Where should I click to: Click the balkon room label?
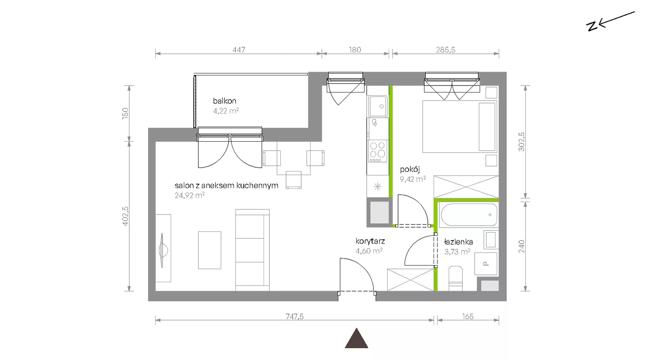225,101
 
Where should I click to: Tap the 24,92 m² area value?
189,195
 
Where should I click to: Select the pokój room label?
410,169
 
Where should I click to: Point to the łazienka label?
458,241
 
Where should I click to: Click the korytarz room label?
370,241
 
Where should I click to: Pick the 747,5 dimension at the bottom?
294,316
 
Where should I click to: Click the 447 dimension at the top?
239,50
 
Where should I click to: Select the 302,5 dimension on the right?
522,142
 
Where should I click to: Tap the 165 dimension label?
468,316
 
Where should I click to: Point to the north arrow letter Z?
592,26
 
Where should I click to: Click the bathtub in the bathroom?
469,215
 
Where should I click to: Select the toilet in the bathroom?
456,278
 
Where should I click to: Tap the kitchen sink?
378,106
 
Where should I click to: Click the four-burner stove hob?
377,151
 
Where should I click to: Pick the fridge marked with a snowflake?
378,187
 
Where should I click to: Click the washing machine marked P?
485,264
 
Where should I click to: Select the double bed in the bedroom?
460,127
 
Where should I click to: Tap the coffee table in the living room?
209,250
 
